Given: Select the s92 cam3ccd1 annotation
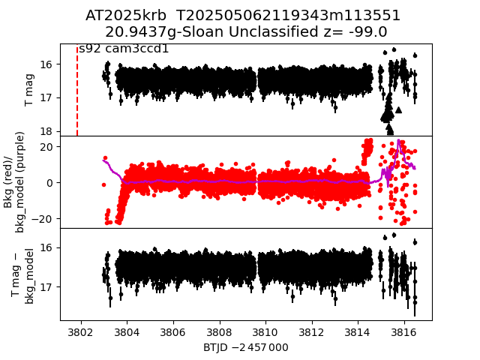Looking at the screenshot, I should (x=124, y=49).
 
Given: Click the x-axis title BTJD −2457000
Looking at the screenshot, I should (x=246, y=347).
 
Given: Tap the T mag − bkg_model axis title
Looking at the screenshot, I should (x=22, y=274).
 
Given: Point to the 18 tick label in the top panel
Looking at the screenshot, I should (x=46, y=130).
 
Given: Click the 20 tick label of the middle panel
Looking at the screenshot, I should (x=45, y=146).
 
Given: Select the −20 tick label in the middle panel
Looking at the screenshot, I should (x=42, y=218).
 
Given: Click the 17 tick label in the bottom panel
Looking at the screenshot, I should (x=46, y=286).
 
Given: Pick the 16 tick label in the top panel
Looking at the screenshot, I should (x=46, y=64).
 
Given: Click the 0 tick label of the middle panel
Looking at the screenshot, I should (x=49, y=182).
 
